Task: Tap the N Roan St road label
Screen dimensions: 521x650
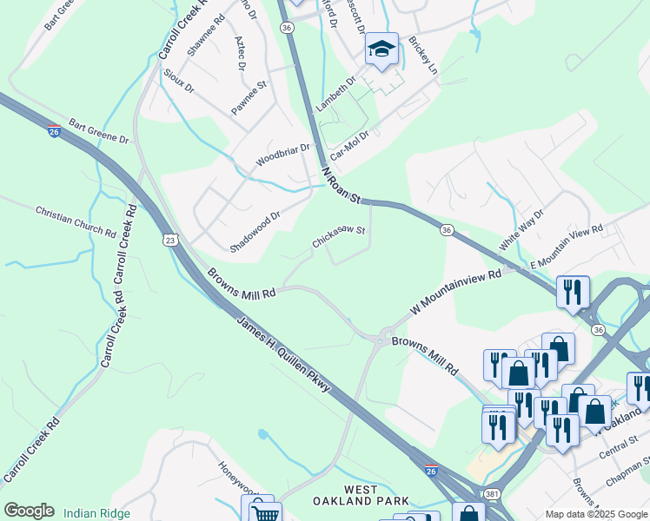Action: coord(340,185)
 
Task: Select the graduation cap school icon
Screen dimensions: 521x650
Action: coord(381,50)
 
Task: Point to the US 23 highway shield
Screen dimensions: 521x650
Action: coord(169,240)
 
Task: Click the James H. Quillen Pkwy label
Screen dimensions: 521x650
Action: coord(283,354)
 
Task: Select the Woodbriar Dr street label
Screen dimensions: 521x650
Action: coord(282,155)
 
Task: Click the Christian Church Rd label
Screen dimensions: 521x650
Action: coord(76,222)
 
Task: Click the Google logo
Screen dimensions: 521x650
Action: coord(29,511)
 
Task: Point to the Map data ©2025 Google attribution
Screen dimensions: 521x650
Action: coord(595,514)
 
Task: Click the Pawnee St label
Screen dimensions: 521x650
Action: coord(248,97)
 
